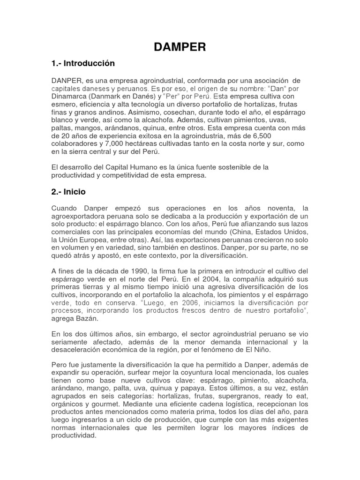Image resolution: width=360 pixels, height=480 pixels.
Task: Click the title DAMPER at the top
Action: pyautogui.click(x=180, y=47)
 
